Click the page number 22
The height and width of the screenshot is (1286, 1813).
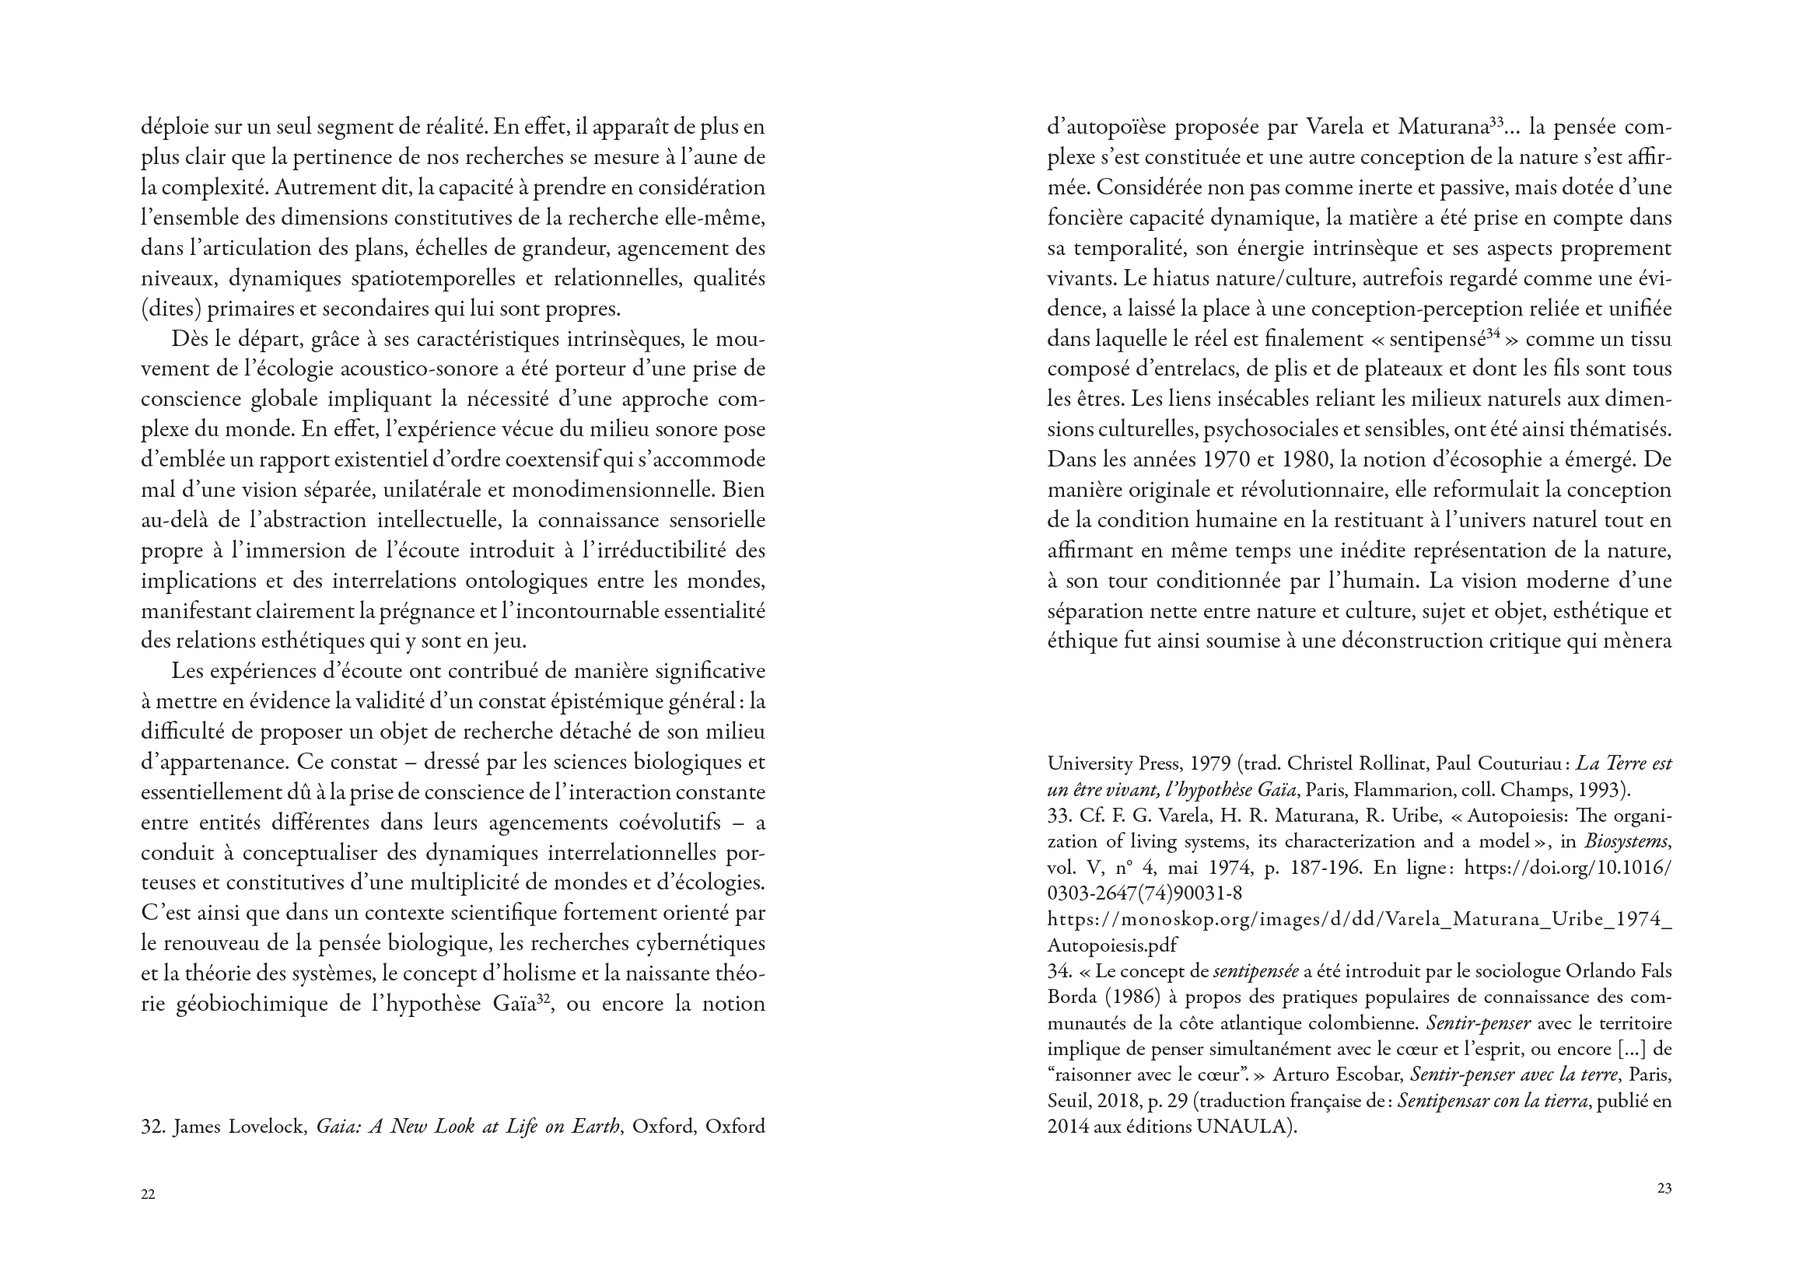[148, 1195]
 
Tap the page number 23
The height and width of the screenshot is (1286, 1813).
[1664, 1188]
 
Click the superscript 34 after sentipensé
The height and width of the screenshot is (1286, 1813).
[1493, 334]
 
